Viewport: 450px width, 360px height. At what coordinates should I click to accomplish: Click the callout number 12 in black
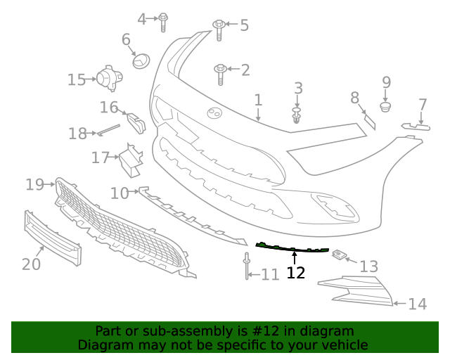(296, 273)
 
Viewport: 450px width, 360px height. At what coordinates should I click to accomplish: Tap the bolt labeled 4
(163, 20)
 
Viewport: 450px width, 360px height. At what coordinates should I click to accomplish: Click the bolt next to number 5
(219, 27)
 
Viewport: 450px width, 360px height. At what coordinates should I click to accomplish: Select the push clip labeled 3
(297, 115)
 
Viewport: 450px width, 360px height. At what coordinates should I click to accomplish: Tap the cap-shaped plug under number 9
(385, 107)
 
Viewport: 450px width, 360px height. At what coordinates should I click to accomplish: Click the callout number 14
(417, 304)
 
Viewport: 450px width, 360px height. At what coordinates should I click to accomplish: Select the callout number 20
(31, 264)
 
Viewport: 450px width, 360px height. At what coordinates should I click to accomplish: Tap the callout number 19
(34, 184)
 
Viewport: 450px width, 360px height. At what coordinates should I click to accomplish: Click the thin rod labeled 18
(109, 129)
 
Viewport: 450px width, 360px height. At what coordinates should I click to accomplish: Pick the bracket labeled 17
(130, 160)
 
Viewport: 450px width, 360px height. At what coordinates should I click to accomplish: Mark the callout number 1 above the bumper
(258, 100)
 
